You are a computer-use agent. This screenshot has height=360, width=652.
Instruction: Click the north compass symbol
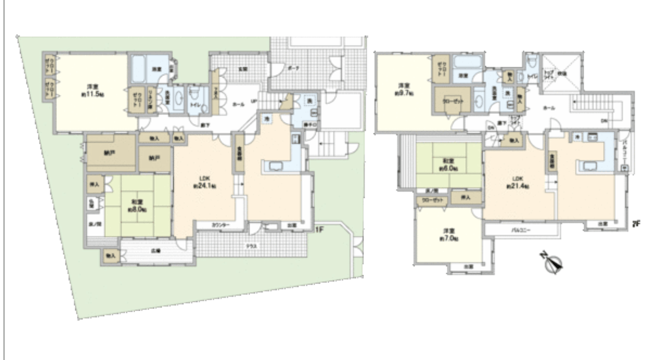(x=553, y=262)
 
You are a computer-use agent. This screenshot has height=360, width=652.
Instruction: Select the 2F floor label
(x=636, y=224)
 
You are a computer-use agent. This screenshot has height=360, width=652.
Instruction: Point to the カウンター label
(x=220, y=225)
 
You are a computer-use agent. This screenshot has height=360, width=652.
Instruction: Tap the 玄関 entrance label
(x=243, y=69)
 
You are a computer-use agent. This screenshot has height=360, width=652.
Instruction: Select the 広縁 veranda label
(x=155, y=250)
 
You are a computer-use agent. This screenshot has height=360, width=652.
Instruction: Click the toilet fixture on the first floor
(x=194, y=94)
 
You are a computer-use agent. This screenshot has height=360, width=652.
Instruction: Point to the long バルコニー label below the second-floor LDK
(x=521, y=230)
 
